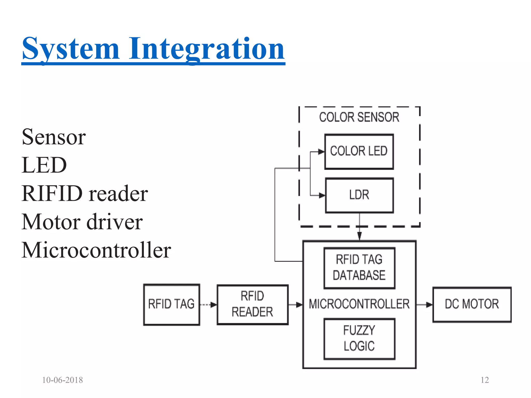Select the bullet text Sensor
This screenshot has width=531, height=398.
(54, 137)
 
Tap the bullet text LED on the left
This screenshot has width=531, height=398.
(44, 165)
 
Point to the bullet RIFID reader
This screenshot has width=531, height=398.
(85, 194)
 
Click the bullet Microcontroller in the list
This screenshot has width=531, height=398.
(96, 250)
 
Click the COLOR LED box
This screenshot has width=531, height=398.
(359, 152)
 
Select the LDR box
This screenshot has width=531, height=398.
(359, 195)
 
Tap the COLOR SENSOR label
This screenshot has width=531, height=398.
(359, 117)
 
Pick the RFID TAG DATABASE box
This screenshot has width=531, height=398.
(359, 268)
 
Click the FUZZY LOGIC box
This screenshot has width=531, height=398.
(359, 339)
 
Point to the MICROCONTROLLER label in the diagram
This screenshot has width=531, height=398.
(359, 304)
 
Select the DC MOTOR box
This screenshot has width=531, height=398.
(472, 304)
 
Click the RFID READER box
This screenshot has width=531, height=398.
(252, 304)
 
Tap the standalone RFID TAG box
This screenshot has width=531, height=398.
(171, 304)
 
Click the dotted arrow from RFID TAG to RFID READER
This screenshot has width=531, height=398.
(208, 305)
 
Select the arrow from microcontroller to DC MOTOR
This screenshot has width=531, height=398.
(424, 305)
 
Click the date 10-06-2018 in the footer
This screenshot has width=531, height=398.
(62, 380)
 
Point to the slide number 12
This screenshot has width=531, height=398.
(484, 380)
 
